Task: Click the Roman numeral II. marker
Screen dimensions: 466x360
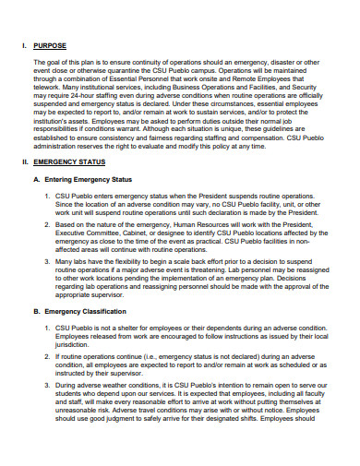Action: (x=25, y=187)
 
